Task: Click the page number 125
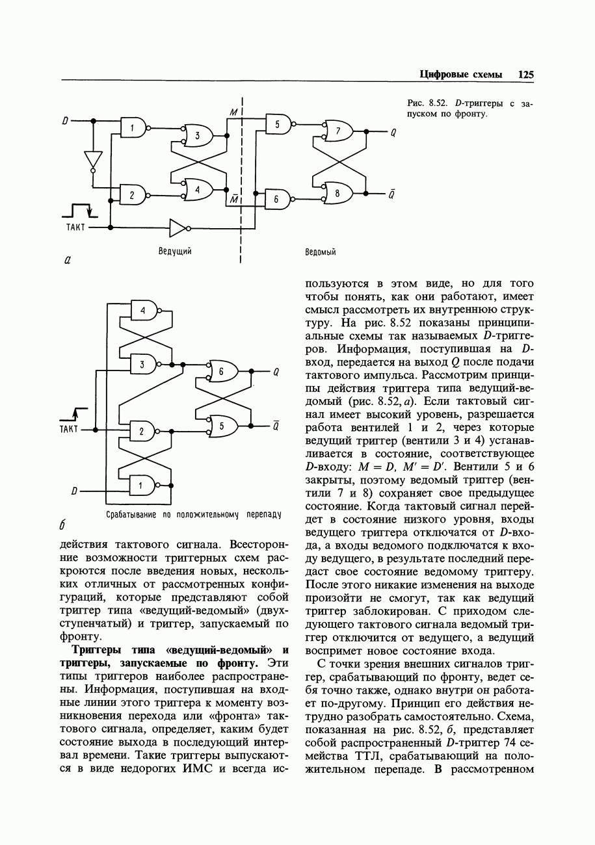[x=525, y=74]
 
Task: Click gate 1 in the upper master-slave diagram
[x=133, y=129]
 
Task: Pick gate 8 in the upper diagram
[x=338, y=193]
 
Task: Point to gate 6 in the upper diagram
[x=278, y=200]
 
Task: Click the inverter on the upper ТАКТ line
[x=178, y=227]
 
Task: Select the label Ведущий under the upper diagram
[x=175, y=250]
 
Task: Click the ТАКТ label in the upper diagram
[x=75, y=227]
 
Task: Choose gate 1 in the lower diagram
[x=144, y=484]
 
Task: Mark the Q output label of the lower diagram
[x=276, y=372]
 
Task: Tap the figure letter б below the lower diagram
[x=64, y=523]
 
